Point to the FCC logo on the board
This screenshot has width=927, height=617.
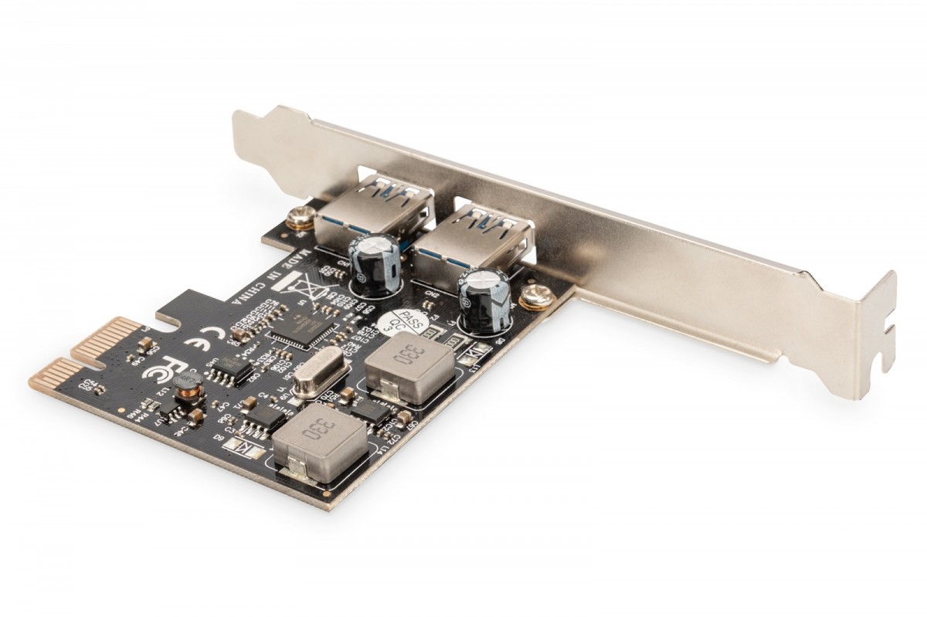(154, 369)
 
